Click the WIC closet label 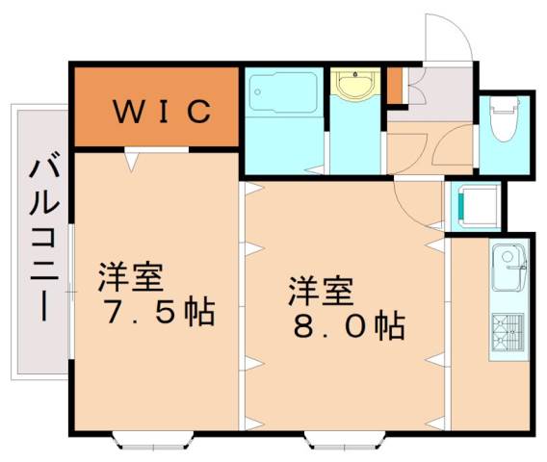coord(163,112)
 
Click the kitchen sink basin coord(508,267)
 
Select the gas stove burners coord(508,332)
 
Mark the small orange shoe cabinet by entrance coord(395,85)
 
